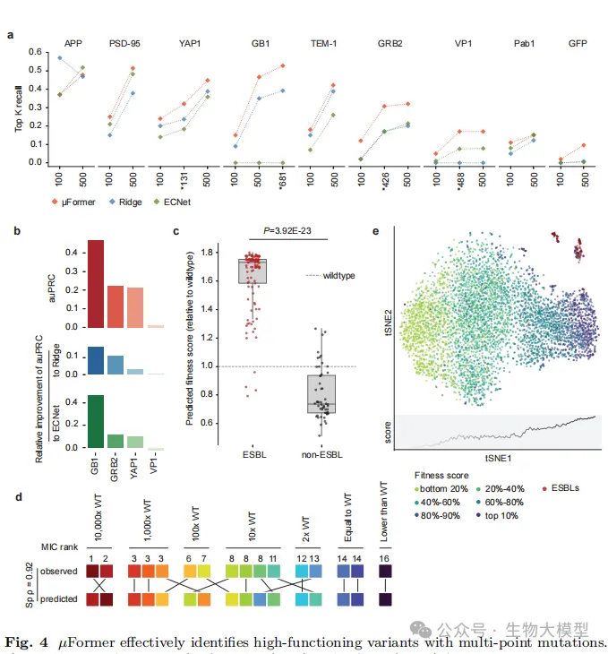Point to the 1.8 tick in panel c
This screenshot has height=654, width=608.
(209, 253)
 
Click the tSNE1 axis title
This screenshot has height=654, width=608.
(498, 457)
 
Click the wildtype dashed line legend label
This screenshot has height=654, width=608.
(338, 275)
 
